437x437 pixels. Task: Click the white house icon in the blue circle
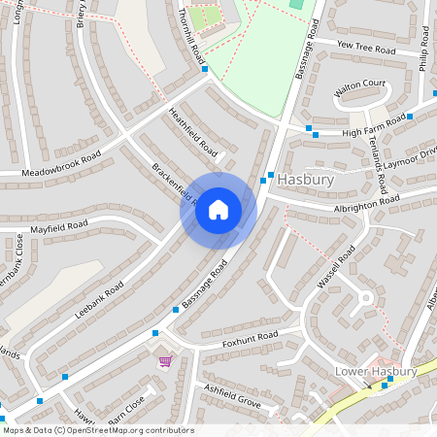point(218,210)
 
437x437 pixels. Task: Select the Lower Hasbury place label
point(375,371)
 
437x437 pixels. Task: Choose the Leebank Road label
point(100,300)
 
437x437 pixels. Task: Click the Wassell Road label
point(337,267)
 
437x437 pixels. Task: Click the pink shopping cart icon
point(165,361)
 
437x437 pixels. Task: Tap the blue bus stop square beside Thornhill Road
point(204,69)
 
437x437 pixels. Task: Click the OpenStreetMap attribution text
point(98,430)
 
